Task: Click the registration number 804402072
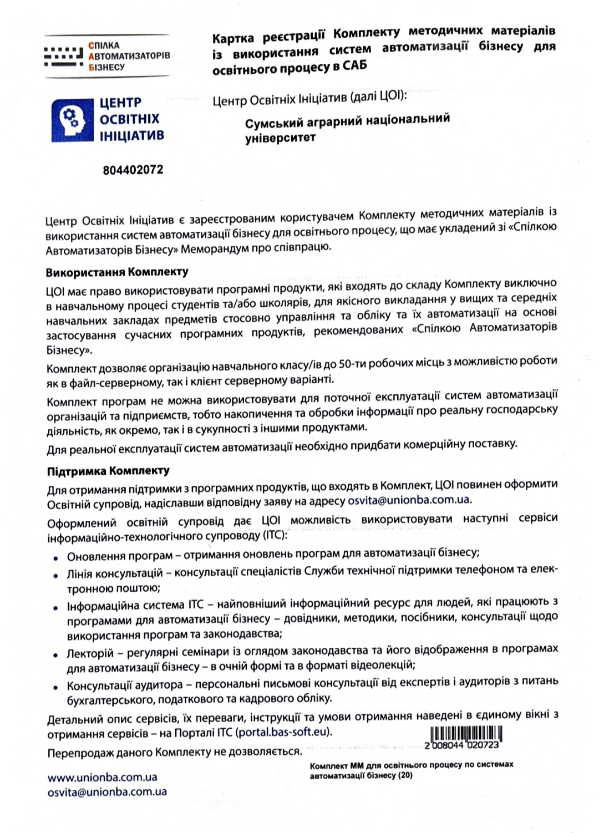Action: pos(133,170)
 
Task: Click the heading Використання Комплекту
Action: pos(117,272)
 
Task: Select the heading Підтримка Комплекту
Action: pos(108,471)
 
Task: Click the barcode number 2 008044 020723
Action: pos(461,746)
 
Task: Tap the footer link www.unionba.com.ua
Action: pos(102,778)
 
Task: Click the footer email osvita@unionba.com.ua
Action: pos(107,793)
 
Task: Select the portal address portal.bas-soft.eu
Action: pos(282,732)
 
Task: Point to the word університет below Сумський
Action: pos(280,138)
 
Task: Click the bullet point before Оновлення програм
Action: pos(55,556)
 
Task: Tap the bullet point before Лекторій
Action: pos(55,655)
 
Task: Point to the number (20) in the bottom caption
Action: pos(404,775)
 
